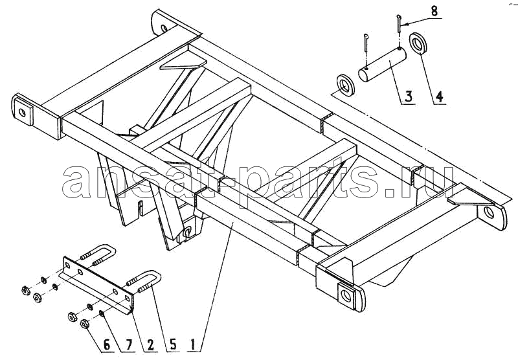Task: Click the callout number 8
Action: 434,10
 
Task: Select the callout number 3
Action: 409,97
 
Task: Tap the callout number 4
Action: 439,96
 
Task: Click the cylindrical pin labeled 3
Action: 381,64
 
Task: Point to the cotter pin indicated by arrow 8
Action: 399,24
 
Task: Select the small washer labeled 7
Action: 102,313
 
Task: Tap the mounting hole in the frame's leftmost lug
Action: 22,113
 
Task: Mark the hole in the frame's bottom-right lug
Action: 346,296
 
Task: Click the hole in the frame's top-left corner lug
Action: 164,28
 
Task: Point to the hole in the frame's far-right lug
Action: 490,212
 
